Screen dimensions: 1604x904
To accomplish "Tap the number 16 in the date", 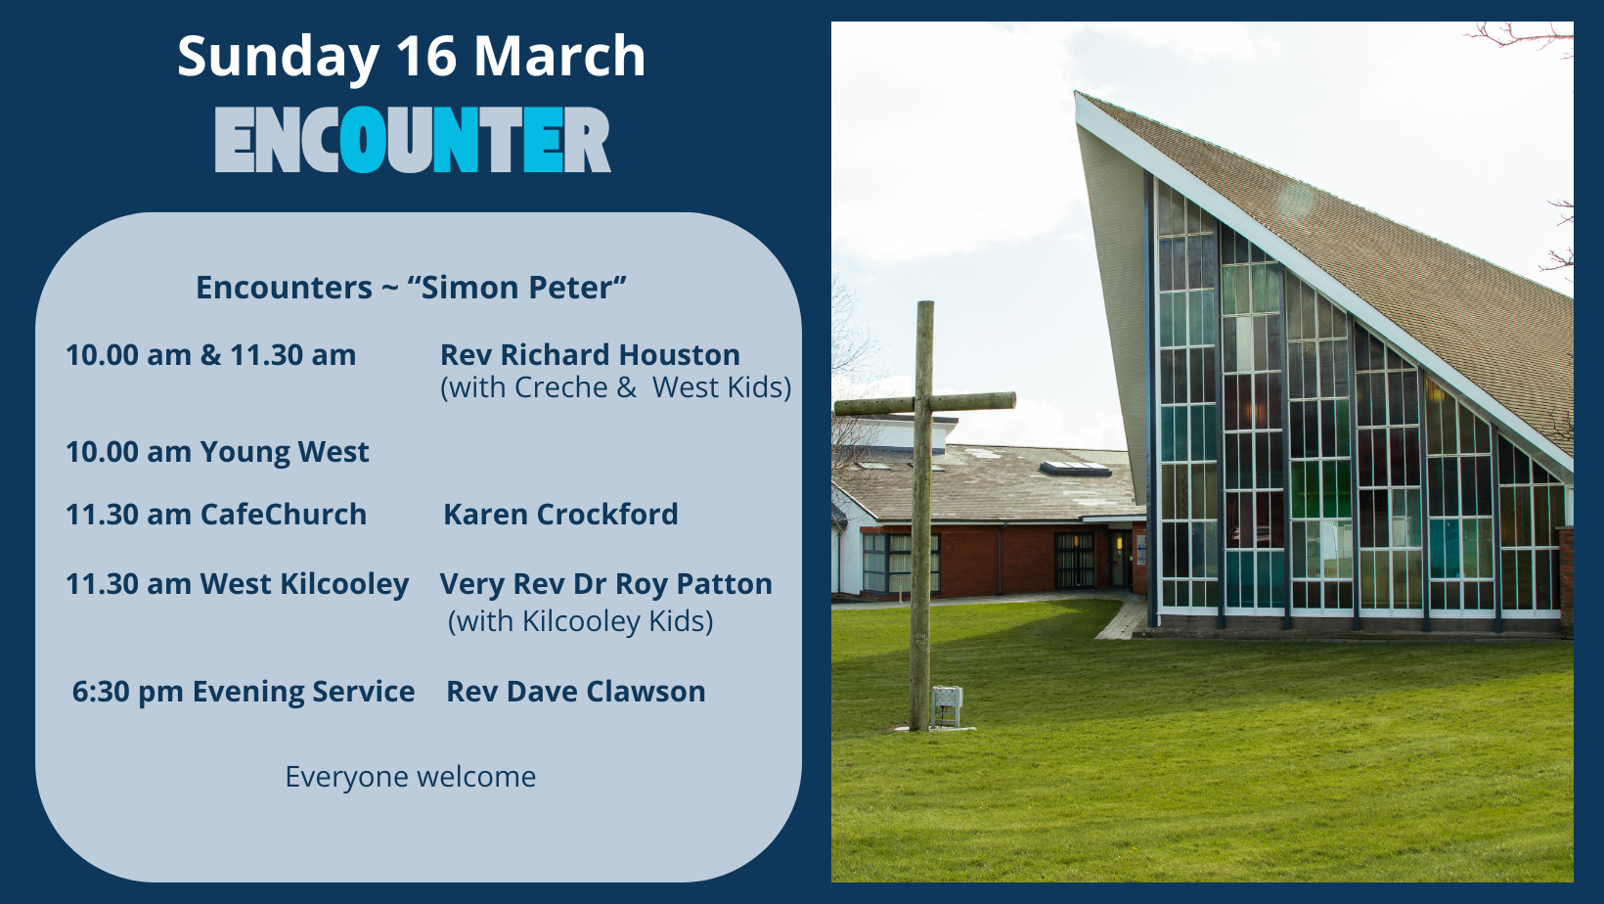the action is [x=426, y=56].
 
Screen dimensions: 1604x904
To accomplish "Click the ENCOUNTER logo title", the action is [x=413, y=140].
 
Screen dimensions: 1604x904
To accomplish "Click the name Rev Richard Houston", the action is [x=590, y=354].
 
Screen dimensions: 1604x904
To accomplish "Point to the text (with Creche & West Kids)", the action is [x=616, y=387].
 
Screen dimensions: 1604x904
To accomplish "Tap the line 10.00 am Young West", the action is [x=217, y=452].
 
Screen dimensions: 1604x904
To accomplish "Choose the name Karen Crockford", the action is [x=560, y=515].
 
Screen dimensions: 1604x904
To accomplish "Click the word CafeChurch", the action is [x=284, y=515].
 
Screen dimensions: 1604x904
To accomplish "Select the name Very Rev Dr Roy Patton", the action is [x=605, y=584].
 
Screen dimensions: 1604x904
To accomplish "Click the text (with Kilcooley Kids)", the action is [x=581, y=621].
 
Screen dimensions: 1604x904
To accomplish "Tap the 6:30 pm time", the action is [x=128, y=692].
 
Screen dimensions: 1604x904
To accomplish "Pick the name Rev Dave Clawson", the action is [x=576, y=692].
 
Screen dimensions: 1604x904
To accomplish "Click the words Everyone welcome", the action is [x=411, y=777].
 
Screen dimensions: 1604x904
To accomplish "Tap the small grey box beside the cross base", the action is [x=947, y=706].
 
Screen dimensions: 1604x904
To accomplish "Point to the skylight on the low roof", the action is [x=1074, y=469].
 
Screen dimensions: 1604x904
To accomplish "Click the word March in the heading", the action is [x=560, y=56].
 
